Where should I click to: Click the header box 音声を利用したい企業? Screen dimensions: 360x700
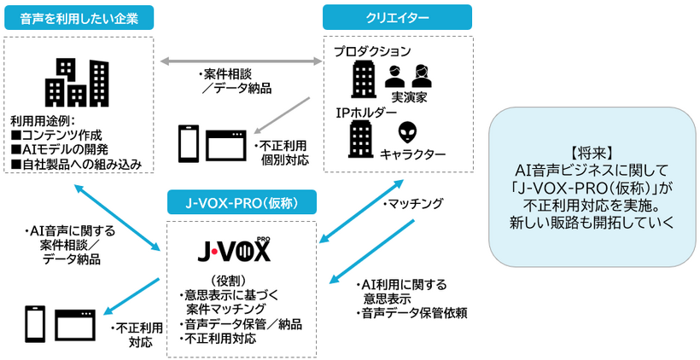point(79,17)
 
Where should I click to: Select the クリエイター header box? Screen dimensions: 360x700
point(397,17)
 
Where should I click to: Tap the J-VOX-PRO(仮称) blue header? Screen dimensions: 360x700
point(242,202)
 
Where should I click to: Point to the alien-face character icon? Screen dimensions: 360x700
point(408,131)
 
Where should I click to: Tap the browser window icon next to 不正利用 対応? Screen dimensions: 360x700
point(75,325)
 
